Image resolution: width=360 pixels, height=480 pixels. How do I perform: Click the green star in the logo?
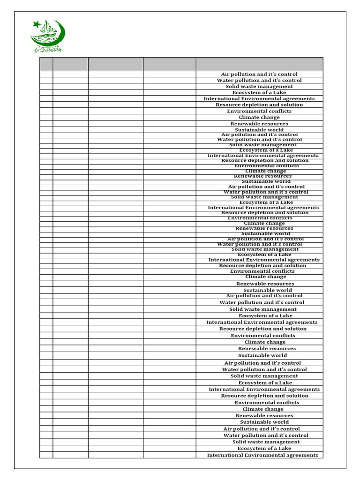pyautogui.click(x=36, y=24)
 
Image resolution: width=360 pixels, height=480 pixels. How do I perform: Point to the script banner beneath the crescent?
pyautogui.click(x=47, y=49)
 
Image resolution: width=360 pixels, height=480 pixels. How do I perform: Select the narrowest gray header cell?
pyautogui.click(x=46, y=64)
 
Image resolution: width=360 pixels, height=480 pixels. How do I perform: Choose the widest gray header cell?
pyautogui.click(x=259, y=64)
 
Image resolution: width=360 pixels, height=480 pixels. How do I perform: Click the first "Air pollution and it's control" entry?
pyautogui.click(x=259, y=74)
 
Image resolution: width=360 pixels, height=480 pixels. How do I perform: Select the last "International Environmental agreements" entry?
pyautogui.click(x=262, y=455)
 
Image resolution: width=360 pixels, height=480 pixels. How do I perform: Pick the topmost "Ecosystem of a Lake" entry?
pyautogui.click(x=259, y=92)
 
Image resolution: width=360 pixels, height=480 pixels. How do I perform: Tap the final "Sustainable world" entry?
pyautogui.click(x=264, y=422)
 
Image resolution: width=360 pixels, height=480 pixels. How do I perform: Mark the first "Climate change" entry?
pyautogui.click(x=259, y=117)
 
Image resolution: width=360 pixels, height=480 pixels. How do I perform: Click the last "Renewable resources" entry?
pyautogui.click(x=264, y=415)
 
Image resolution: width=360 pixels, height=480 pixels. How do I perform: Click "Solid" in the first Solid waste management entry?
pyautogui.click(x=233, y=86)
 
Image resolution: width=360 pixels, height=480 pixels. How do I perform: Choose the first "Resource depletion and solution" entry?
pyautogui.click(x=259, y=105)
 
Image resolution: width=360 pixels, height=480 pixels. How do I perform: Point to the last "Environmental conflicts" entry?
pyautogui.click(x=267, y=403)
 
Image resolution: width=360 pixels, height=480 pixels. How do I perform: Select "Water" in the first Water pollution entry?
pyautogui.click(x=225, y=80)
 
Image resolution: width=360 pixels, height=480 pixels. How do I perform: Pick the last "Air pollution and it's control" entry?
pyautogui.click(x=262, y=429)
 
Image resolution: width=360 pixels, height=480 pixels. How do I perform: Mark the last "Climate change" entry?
pyautogui.click(x=263, y=409)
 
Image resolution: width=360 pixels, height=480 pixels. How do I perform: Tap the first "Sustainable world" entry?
pyautogui.click(x=259, y=130)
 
